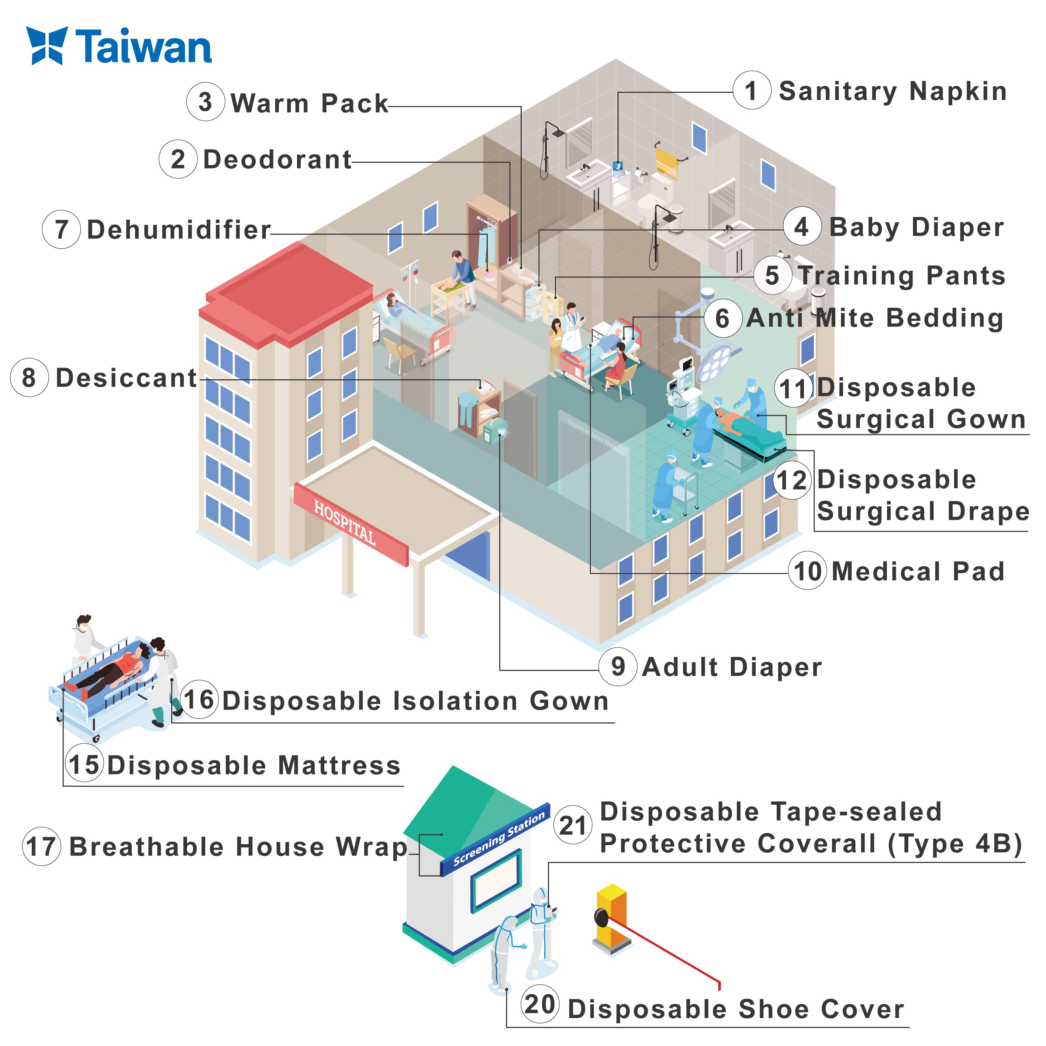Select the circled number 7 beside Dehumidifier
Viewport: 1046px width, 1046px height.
62,229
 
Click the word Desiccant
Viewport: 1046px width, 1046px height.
127,378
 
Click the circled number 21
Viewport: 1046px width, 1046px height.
573,826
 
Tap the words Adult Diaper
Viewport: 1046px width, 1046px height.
732,667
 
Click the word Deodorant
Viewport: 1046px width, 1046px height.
277,160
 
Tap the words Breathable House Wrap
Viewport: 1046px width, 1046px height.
238,847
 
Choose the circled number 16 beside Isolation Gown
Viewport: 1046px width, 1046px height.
200,700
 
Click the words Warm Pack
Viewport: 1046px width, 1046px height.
309,103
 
